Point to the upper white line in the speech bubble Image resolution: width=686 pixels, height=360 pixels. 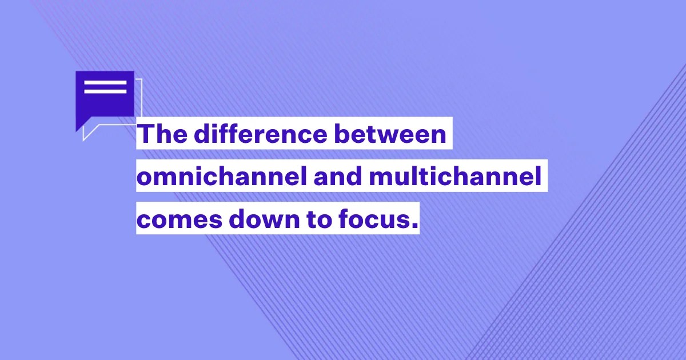click(x=105, y=83)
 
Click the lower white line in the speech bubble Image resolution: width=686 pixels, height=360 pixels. click(x=105, y=91)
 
